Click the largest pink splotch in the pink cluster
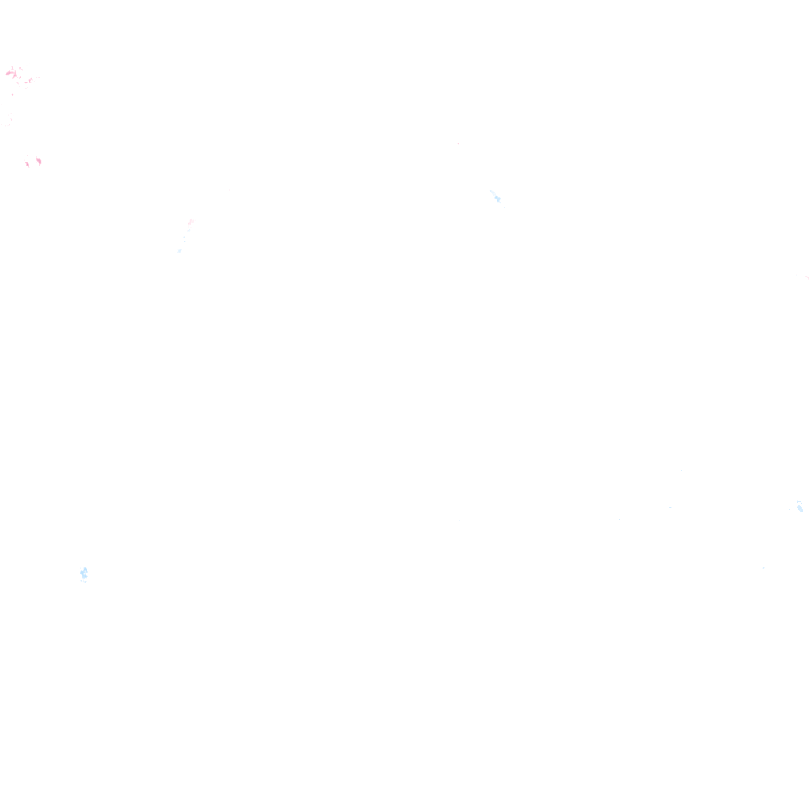point(11,74)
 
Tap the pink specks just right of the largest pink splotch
point(29,80)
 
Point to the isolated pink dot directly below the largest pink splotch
point(12,95)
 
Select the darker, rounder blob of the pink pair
point(39,162)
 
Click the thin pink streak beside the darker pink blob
point(28,165)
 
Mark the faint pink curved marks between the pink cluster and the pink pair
point(10,122)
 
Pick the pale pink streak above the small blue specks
point(191,223)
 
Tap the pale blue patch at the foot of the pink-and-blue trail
point(180,251)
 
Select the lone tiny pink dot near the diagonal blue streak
point(458,143)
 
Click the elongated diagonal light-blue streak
point(494,195)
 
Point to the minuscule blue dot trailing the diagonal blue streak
point(499,201)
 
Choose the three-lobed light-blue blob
point(84,573)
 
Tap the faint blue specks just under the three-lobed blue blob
point(83,582)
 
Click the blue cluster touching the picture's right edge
point(800,506)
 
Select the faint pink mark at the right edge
point(807,277)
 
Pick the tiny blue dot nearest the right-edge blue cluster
point(670,508)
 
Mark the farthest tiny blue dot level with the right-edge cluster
point(619,520)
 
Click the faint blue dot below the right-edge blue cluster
point(763,568)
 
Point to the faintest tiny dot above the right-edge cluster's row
point(681,470)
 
